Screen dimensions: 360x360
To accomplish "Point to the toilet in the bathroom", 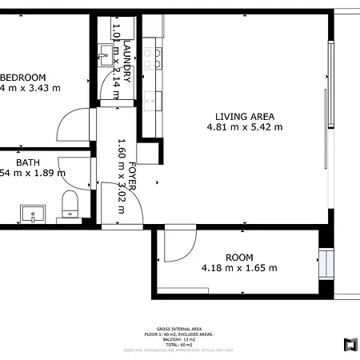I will point(70,203).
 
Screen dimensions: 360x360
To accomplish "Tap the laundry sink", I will point(105,55).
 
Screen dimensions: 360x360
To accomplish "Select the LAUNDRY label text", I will point(126,62).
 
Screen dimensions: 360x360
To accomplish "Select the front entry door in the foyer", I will point(120,200).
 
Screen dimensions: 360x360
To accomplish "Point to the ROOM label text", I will point(238,257).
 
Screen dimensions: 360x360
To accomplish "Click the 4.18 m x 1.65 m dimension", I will point(238,268).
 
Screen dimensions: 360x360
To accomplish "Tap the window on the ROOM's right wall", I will point(325,262).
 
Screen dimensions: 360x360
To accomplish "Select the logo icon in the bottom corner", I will point(350,344).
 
